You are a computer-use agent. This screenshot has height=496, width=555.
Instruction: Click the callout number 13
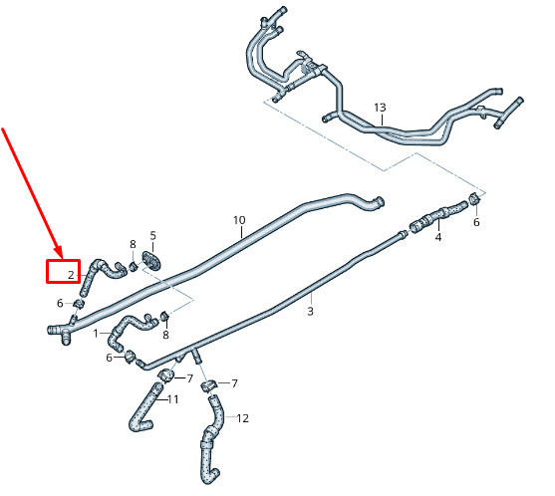coord(380,108)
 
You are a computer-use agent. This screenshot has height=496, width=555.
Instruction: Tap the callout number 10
coord(239,220)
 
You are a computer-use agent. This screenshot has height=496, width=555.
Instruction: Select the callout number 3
coord(310,312)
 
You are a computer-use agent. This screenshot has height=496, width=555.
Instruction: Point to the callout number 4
coord(438,237)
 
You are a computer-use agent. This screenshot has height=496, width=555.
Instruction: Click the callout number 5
coord(152,236)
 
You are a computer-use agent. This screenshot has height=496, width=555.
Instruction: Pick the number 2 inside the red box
coord(71,275)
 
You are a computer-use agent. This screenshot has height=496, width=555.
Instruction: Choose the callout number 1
coord(96,334)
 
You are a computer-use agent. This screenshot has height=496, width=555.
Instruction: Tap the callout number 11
coord(172,399)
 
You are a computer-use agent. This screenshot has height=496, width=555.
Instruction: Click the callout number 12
coord(242,418)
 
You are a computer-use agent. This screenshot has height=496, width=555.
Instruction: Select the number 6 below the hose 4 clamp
coord(476,222)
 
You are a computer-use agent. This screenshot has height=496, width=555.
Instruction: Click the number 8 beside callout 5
coord(133,244)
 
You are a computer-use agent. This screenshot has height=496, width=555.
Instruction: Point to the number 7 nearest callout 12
coord(234,383)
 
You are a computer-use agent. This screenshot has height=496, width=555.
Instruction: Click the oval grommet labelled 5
coord(151,260)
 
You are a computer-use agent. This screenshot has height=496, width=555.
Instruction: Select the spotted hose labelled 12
coord(211,438)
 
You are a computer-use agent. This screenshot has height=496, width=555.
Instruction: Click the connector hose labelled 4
coord(437,216)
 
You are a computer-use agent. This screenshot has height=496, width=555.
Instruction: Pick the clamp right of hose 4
coord(474,199)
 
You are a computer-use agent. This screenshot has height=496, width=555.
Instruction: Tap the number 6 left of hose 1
coord(109,358)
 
